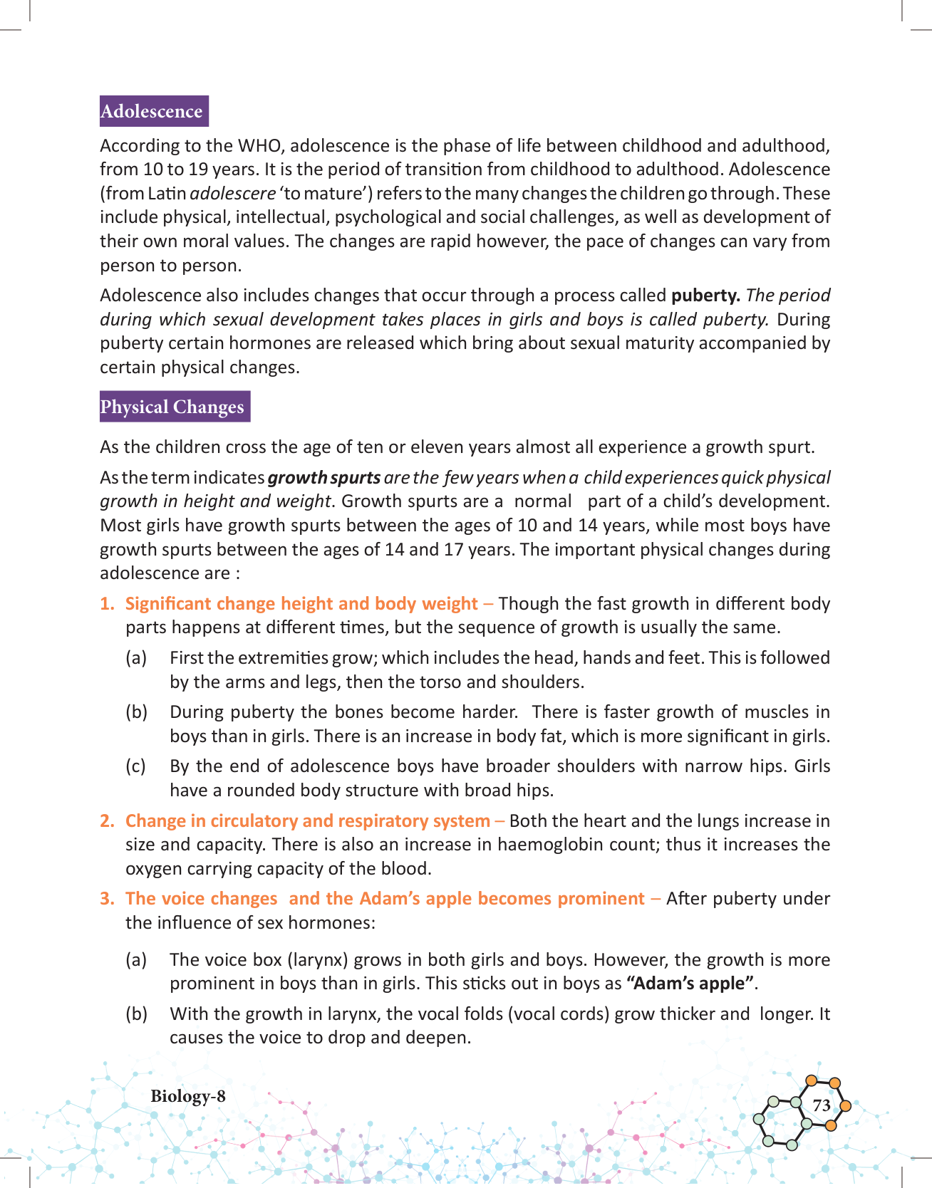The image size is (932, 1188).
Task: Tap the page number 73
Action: (x=822, y=1105)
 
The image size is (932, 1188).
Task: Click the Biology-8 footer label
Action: (x=188, y=1096)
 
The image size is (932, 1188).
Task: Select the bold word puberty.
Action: (x=705, y=296)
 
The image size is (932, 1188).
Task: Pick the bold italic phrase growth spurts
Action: (x=324, y=478)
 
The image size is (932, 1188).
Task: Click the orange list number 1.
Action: (x=107, y=604)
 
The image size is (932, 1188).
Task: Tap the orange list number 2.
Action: (x=107, y=821)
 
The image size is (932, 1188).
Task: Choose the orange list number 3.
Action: (x=107, y=899)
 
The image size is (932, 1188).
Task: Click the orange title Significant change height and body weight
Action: (x=301, y=604)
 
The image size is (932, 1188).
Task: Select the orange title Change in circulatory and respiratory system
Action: (x=308, y=821)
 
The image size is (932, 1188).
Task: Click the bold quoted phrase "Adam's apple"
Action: (x=690, y=984)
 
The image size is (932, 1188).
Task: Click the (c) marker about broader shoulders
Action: (x=136, y=766)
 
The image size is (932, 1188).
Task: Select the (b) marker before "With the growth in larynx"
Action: (x=137, y=1014)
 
